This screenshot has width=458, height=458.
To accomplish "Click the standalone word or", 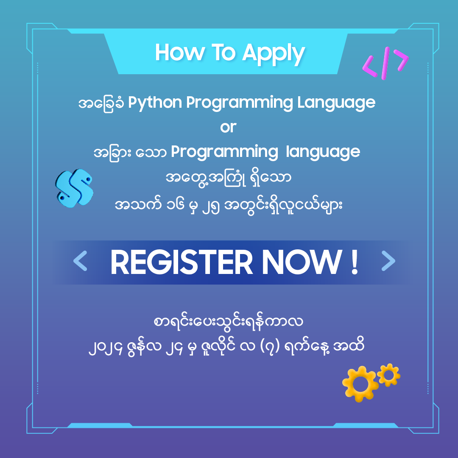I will pyautogui.click(x=228, y=127).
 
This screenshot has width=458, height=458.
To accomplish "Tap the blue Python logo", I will pyautogui.click(x=74, y=188).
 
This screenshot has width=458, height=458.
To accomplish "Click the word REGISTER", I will pyautogui.click(x=182, y=263).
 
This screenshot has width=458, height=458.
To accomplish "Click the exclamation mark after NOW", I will pyautogui.click(x=355, y=263).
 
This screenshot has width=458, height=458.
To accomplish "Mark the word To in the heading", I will pyautogui.click(x=223, y=53).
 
